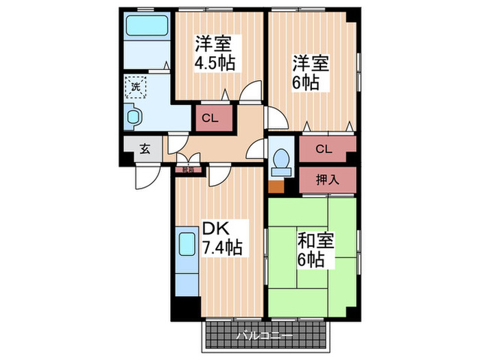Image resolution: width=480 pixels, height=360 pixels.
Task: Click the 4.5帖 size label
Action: tap(215, 63)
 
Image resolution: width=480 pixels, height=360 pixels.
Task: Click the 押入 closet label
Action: tap(328, 180)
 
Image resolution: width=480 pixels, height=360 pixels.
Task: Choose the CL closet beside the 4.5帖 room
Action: tap(210, 118)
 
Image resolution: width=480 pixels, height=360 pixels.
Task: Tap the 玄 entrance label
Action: tap(145, 148)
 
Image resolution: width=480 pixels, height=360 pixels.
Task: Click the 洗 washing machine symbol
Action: tap(135, 87)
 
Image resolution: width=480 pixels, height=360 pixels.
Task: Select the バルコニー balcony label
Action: tap(265, 337)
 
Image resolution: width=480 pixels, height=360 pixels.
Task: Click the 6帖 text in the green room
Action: tap(311, 260)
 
